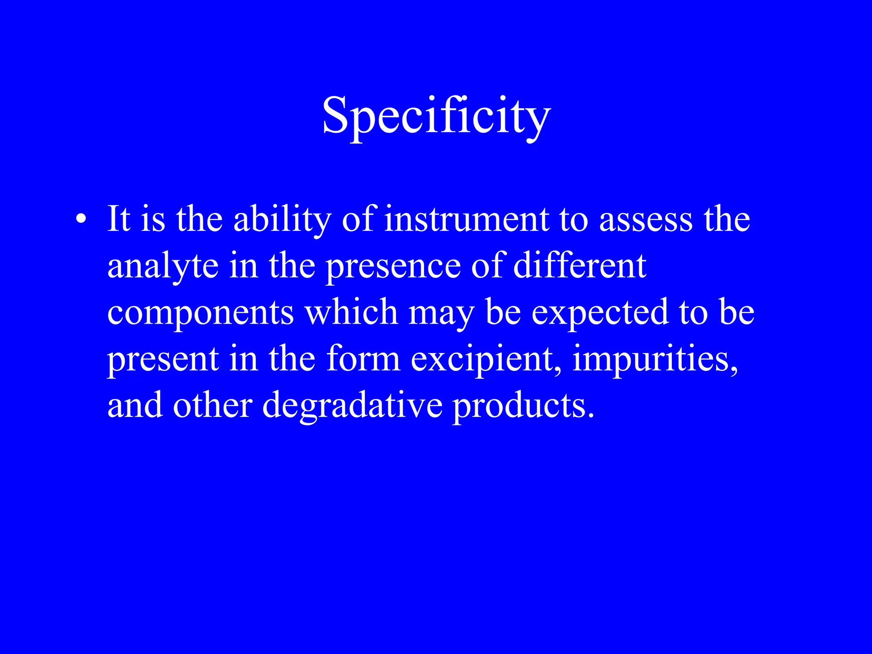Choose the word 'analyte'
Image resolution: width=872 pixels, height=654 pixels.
coord(163,267)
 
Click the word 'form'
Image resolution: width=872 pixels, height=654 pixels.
coord(363,359)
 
